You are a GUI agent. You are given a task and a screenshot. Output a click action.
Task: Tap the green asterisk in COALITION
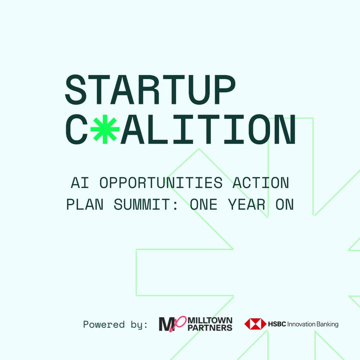click(x=105, y=129)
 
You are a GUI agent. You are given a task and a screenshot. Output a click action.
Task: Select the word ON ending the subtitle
click(x=283, y=205)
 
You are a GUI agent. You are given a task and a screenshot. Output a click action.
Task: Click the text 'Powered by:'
click(x=115, y=324)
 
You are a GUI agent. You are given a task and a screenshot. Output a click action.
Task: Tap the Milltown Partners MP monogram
click(x=171, y=324)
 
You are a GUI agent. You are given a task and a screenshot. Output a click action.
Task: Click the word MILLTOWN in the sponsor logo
click(x=210, y=320)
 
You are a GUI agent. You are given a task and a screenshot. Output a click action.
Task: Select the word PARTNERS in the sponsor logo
click(x=210, y=328)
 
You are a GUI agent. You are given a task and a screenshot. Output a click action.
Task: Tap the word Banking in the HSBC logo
click(x=327, y=324)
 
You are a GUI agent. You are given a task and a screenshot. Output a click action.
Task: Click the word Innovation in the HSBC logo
click(x=301, y=324)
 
